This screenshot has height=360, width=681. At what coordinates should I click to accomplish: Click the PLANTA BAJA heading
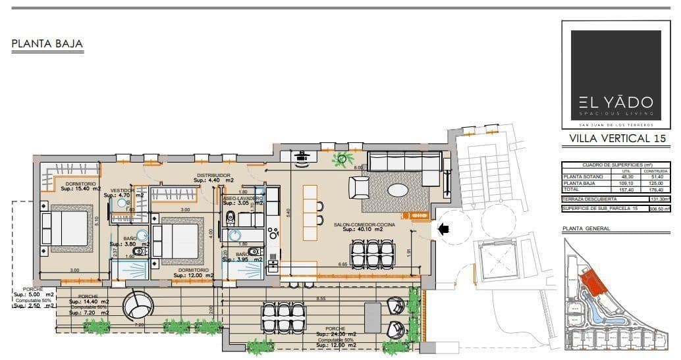point(47,44)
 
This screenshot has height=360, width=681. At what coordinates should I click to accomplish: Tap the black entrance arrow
point(444,229)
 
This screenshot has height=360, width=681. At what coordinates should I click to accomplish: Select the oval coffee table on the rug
point(397,190)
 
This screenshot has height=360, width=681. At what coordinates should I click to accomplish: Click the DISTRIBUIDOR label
point(213,176)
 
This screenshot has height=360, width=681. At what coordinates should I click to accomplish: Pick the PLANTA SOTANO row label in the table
point(582,176)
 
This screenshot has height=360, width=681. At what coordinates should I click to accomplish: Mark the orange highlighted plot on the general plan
point(595,284)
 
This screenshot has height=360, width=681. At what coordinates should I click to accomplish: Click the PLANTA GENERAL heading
point(586,228)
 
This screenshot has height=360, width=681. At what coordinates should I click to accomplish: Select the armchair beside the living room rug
point(360,190)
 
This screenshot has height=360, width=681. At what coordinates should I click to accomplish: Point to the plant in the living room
point(342,157)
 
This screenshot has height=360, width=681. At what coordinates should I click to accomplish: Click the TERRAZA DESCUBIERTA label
point(589,199)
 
